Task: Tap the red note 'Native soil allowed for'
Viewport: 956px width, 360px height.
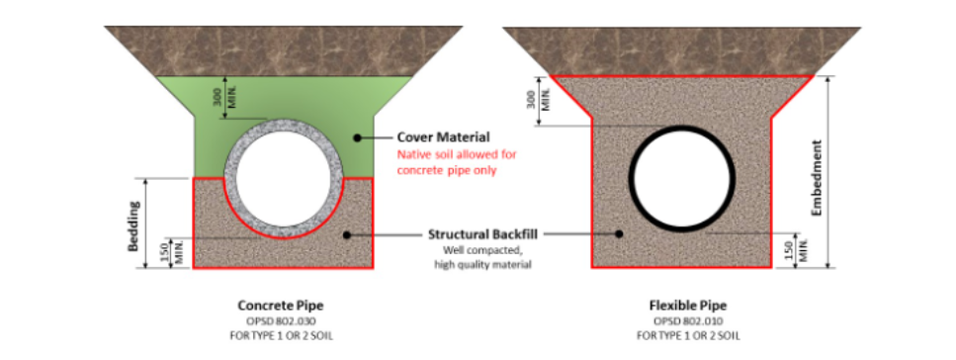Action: pos(457,154)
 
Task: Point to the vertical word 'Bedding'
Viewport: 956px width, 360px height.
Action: pos(131,225)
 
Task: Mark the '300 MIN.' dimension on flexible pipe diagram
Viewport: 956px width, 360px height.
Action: pos(536,101)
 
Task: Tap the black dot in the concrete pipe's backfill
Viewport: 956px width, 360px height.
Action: pos(345,234)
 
